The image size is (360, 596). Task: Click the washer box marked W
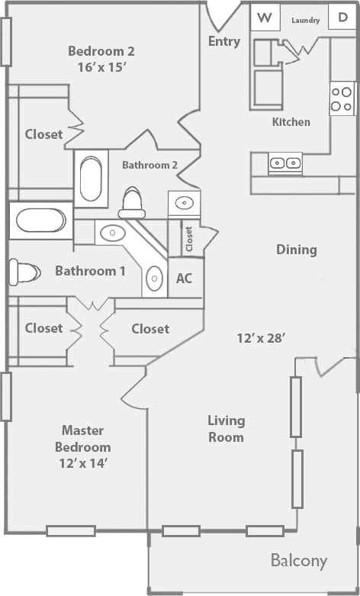(264, 18)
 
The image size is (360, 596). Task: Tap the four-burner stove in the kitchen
(342, 98)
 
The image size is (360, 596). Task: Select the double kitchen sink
(284, 163)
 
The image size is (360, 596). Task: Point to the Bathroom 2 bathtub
(91, 179)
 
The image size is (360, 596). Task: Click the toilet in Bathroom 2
(133, 202)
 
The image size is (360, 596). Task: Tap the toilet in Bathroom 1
(22, 272)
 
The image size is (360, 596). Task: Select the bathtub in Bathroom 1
(41, 221)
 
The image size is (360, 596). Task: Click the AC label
(184, 279)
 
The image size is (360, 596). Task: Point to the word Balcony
(299, 561)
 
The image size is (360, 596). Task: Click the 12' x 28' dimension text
(261, 337)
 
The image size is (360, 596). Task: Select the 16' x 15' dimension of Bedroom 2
(101, 66)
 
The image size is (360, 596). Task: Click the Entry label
(223, 41)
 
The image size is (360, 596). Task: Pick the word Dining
(296, 250)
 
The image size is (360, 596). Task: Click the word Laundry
(305, 20)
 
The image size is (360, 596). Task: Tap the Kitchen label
(291, 121)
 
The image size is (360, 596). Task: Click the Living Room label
(227, 428)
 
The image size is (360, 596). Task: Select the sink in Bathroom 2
(184, 203)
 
